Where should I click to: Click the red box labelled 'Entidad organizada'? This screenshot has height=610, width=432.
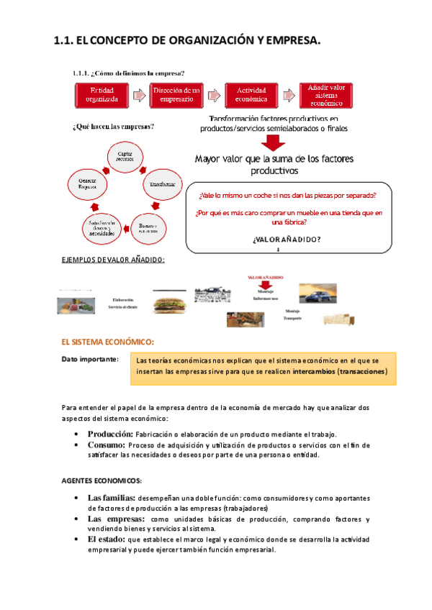(107, 94)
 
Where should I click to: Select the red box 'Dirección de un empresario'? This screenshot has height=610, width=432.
(177, 94)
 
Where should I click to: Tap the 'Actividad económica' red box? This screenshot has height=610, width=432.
(247, 94)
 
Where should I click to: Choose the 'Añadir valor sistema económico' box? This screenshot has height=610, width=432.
(322, 94)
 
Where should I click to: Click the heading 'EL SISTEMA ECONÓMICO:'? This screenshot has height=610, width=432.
(108, 342)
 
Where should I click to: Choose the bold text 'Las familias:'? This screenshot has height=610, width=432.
(112, 498)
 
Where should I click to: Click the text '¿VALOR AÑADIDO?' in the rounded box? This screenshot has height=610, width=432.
(287, 240)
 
